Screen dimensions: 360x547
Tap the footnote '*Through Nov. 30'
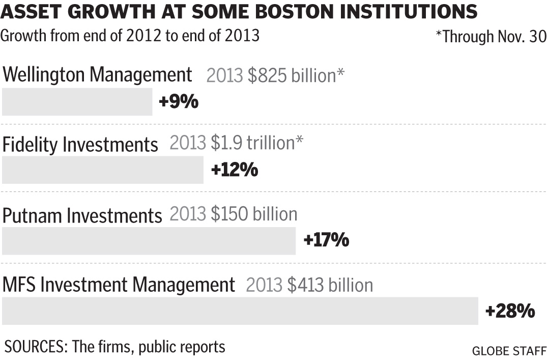click(491, 37)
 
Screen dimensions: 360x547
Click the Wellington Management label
click(97, 75)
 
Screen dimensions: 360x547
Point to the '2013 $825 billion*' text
click(275, 76)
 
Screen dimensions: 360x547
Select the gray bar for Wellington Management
click(77, 102)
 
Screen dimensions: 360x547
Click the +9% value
click(178, 102)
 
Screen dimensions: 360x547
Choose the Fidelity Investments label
click(80, 145)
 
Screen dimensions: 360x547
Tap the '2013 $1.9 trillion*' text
click(237, 144)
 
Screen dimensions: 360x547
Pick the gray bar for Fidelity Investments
click(102, 170)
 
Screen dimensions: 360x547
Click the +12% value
click(234, 170)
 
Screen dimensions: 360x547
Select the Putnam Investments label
click(82, 215)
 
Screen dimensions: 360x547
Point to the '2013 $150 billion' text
click(233, 214)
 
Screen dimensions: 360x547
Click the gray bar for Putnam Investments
click(149, 241)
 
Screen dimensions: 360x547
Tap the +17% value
click(326, 240)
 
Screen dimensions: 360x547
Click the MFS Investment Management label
click(119, 285)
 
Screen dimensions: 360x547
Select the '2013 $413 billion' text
click(309, 285)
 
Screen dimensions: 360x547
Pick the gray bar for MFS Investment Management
click(240, 311)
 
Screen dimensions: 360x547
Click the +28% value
click(510, 311)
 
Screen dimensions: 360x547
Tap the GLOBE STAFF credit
click(509, 351)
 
